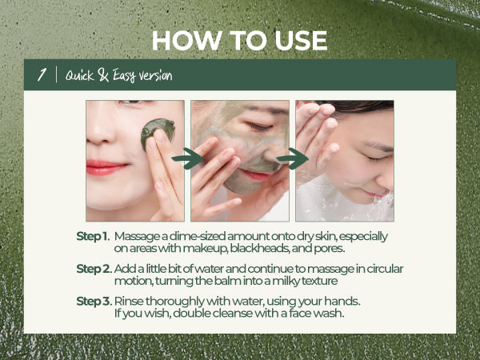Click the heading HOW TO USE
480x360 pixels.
(x=240, y=41)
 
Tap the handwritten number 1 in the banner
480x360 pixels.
(x=42, y=74)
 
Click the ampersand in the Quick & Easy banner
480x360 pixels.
(x=103, y=75)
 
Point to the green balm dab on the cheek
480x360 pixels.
(x=158, y=133)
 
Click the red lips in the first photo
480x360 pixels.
(x=106, y=168)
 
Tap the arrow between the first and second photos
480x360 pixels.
(x=187, y=158)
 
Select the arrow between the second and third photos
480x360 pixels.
(x=292, y=158)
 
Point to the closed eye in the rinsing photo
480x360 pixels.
(x=378, y=158)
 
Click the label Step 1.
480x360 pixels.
(x=93, y=237)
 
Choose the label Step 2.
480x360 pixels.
(x=94, y=269)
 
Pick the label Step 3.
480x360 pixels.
(x=94, y=302)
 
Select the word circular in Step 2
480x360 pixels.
(x=385, y=269)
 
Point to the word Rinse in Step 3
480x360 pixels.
(x=129, y=302)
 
